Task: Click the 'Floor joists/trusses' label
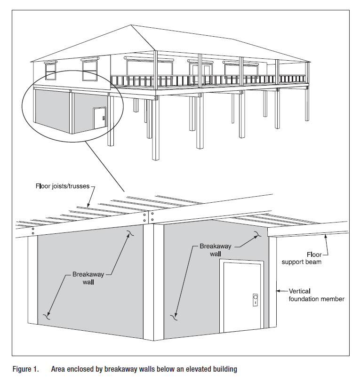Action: (x=61, y=186)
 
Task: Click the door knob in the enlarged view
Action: (x=256, y=298)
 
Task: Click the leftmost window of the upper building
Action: (x=50, y=71)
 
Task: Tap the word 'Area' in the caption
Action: (x=59, y=369)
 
